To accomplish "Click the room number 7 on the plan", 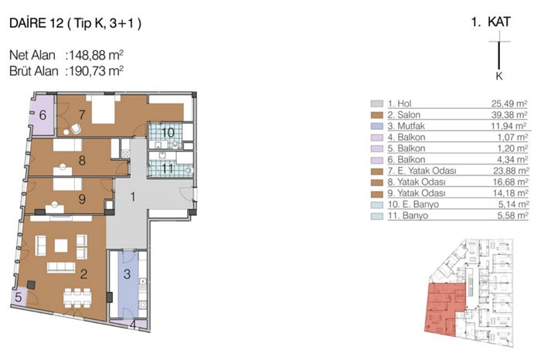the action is pyautogui.click(x=82, y=114).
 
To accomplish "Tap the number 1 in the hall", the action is pyautogui.click(x=133, y=196).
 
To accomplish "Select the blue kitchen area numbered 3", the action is pyautogui.click(x=128, y=284).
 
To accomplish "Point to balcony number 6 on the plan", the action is pyautogui.click(x=43, y=115).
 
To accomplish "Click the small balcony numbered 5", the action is pyautogui.click(x=19, y=297).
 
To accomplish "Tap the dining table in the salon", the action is pyautogui.click(x=77, y=298).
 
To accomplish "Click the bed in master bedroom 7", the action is pyautogui.click(x=103, y=109).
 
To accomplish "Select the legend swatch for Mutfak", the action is pyautogui.click(x=377, y=126).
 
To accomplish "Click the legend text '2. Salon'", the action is pyautogui.click(x=403, y=115).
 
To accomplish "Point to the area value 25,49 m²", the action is pyautogui.click(x=509, y=104).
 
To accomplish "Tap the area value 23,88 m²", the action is pyautogui.click(x=510, y=171).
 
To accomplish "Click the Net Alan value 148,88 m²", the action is pyautogui.click(x=97, y=55).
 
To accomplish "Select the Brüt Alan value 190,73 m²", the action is pyautogui.click(x=97, y=71).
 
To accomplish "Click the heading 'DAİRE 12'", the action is pyautogui.click(x=36, y=23).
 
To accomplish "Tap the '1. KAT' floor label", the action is pyautogui.click(x=491, y=22).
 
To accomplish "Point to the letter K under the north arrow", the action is pyautogui.click(x=499, y=76).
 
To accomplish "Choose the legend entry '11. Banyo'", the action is pyautogui.click(x=408, y=216).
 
